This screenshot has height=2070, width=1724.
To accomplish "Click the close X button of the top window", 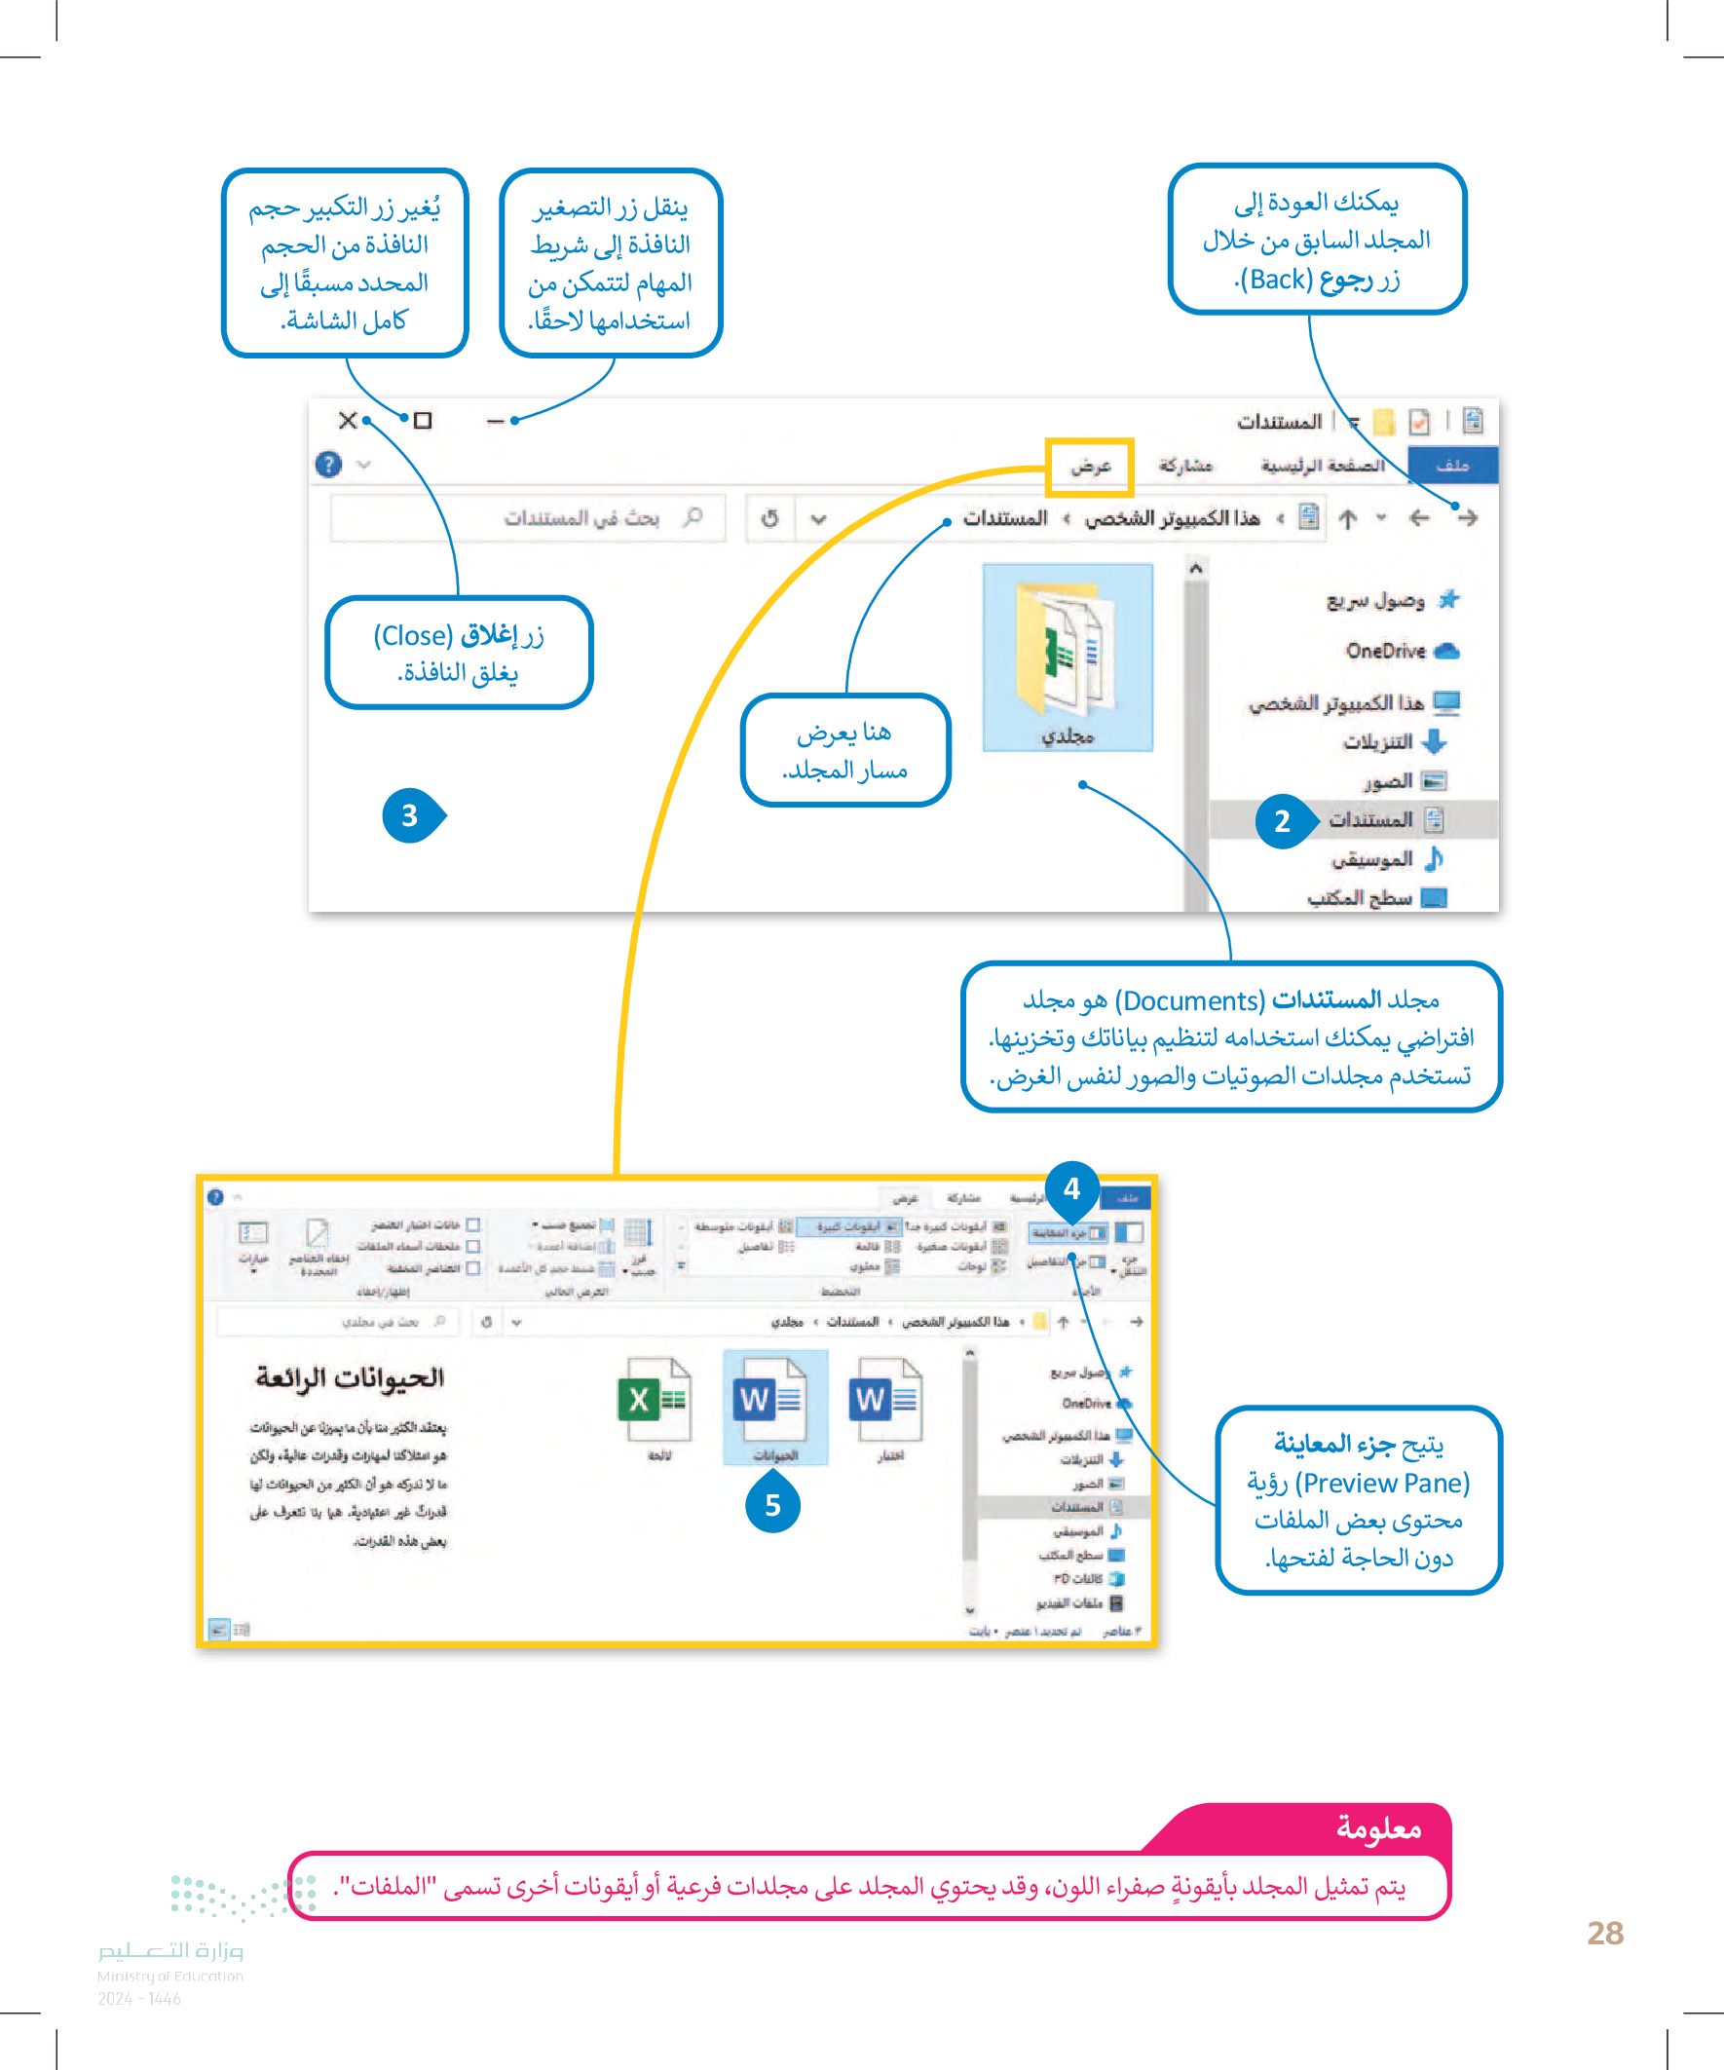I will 347,421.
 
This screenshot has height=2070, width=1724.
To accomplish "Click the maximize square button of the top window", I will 423,421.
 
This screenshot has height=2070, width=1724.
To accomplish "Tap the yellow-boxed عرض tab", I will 1090,467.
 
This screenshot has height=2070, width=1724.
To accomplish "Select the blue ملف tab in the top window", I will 1452,466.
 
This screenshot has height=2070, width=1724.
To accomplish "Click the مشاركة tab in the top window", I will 1184,466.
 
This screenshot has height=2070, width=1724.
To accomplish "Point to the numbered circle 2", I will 1282,820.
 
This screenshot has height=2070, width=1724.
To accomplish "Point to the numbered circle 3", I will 410,815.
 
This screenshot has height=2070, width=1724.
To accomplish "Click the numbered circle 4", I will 1071,1188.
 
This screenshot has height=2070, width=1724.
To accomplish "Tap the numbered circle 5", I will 772,1505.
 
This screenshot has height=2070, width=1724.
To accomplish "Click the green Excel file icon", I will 652,1400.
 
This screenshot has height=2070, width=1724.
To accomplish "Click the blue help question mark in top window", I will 328,465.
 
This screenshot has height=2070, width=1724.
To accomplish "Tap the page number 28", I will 1605,1933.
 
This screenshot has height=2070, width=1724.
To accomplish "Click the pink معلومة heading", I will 1378,1828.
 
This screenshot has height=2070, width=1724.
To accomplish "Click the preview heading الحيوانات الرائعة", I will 350,1377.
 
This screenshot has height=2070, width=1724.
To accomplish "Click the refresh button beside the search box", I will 769,518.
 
